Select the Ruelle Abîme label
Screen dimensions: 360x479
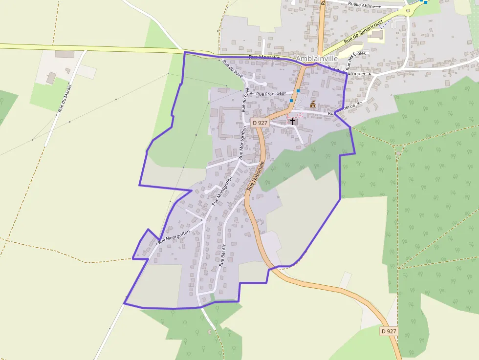pyautogui.click(x=362, y=5)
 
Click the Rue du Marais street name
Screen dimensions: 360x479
pyautogui.click(x=65, y=98)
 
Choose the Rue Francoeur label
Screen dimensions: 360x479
pyautogui.click(x=271, y=93)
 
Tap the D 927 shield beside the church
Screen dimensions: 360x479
pyautogui.click(x=260, y=123)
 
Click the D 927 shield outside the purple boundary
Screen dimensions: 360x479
pyautogui.click(x=389, y=331)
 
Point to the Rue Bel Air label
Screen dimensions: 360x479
pyautogui.click(x=223, y=254)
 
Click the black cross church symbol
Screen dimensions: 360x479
pyautogui.click(x=293, y=121)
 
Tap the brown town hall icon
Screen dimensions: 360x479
pyautogui.click(x=313, y=104)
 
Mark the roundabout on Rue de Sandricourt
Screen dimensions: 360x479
pyautogui.click(x=408, y=10)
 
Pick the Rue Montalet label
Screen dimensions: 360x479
pyautogui.click(x=264, y=57)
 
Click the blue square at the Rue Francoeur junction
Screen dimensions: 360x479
pyautogui.click(x=298, y=91)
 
